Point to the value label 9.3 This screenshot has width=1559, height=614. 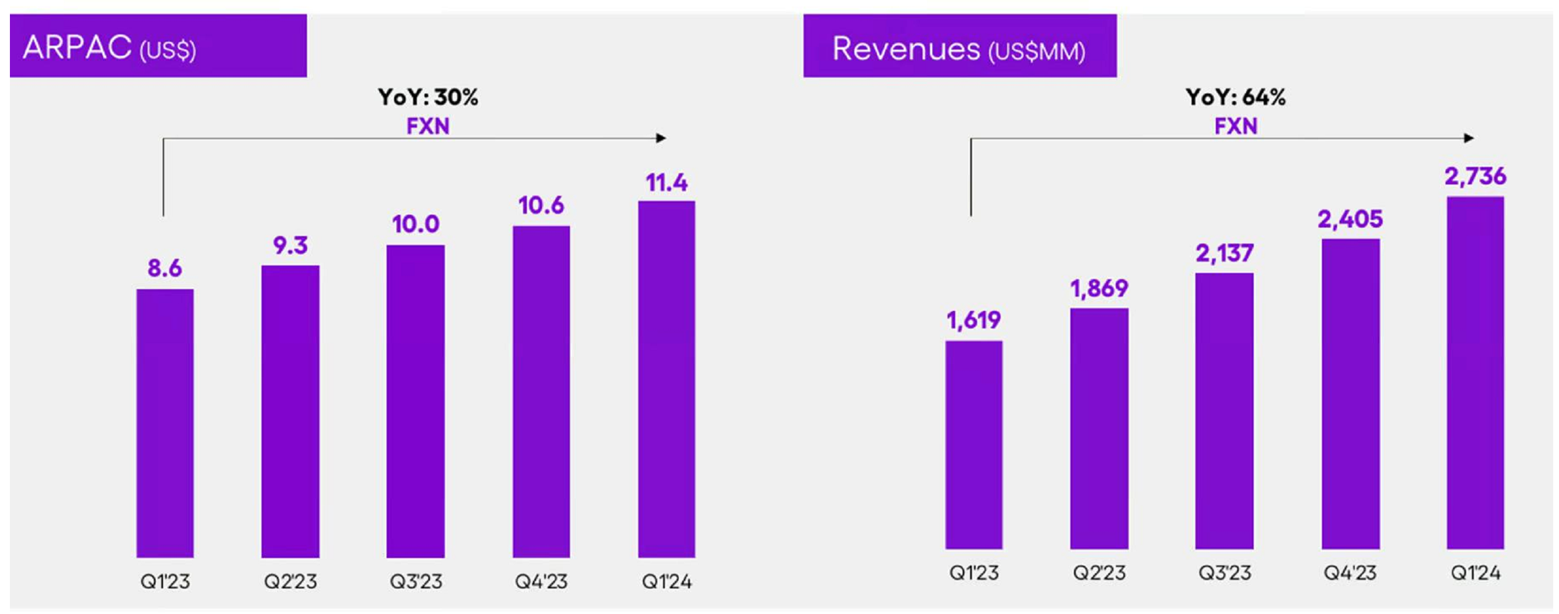[290, 245]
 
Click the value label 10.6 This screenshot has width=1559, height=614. [541, 206]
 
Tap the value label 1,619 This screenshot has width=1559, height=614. [973, 320]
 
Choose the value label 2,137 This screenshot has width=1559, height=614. [1224, 253]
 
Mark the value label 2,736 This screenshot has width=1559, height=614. [1475, 176]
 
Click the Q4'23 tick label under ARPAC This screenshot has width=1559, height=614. [541, 581]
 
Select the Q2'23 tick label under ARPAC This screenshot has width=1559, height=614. [290, 581]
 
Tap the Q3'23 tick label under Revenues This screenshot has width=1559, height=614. [1224, 572]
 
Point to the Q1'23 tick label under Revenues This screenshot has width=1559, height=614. [973, 572]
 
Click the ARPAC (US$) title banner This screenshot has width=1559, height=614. [158, 46]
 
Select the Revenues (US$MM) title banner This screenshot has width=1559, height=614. [959, 46]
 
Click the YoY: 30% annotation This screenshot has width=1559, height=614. [428, 97]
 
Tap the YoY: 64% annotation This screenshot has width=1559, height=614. [1235, 97]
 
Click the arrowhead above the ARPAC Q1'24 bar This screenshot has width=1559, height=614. [661, 138]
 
